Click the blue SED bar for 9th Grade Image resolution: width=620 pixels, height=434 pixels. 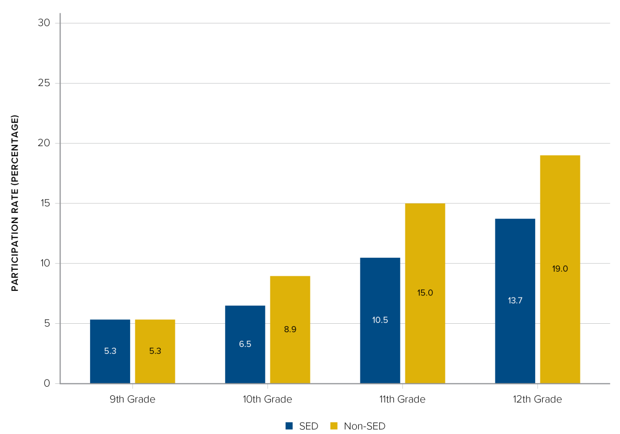pyautogui.click(x=110, y=351)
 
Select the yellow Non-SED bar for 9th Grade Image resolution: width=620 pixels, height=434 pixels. pyautogui.click(x=155, y=351)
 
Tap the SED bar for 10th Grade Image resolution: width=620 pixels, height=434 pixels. pyautogui.click(x=245, y=345)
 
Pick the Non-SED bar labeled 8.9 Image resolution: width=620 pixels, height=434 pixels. pyautogui.click(x=290, y=330)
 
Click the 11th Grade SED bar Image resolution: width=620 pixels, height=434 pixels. pyautogui.click(x=380, y=321)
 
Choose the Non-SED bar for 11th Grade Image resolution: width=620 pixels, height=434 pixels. pyautogui.click(x=425, y=294)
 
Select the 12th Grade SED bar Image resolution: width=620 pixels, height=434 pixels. pyautogui.click(x=515, y=301)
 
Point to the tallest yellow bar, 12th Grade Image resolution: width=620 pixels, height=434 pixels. pyautogui.click(x=560, y=269)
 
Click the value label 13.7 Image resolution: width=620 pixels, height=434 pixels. pyautogui.click(x=515, y=300)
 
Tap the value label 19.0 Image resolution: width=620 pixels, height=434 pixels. pyautogui.click(x=560, y=268)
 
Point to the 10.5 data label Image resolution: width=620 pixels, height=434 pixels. pyautogui.click(x=380, y=320)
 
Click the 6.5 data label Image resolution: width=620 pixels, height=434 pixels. pyautogui.click(x=245, y=344)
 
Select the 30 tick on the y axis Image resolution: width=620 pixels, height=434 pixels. pyautogui.click(x=44, y=23)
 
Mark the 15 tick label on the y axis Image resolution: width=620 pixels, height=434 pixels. pyautogui.click(x=45, y=203)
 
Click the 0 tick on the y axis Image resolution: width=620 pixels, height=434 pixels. pyautogui.click(x=47, y=383)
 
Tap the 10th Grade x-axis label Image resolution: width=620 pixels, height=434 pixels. pyautogui.click(x=268, y=399)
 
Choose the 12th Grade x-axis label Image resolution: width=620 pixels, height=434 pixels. pyautogui.click(x=537, y=399)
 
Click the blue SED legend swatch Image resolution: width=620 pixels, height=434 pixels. pyautogui.click(x=289, y=426)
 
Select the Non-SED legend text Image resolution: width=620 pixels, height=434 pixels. pyautogui.click(x=364, y=426)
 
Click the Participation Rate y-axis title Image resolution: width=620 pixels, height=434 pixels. pyautogui.click(x=15, y=203)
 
